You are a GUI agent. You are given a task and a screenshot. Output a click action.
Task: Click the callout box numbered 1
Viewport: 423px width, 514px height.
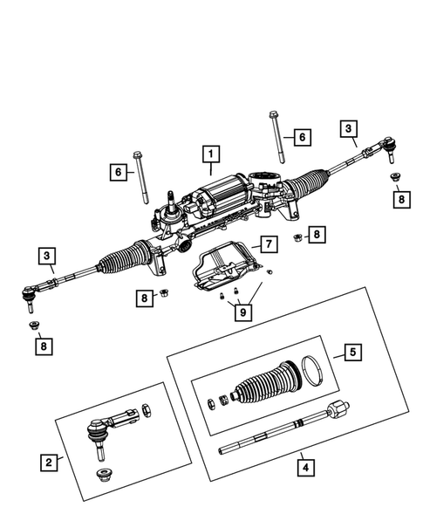[209, 156]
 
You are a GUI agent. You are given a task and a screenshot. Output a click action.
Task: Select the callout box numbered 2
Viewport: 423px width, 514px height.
[50, 462]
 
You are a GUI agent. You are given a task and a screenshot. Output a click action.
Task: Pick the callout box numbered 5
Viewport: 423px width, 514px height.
[351, 353]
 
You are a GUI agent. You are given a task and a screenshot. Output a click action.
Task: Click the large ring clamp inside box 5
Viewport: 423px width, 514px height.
[311, 370]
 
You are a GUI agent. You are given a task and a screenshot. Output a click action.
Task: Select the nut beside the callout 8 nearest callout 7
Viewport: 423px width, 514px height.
[298, 237]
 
